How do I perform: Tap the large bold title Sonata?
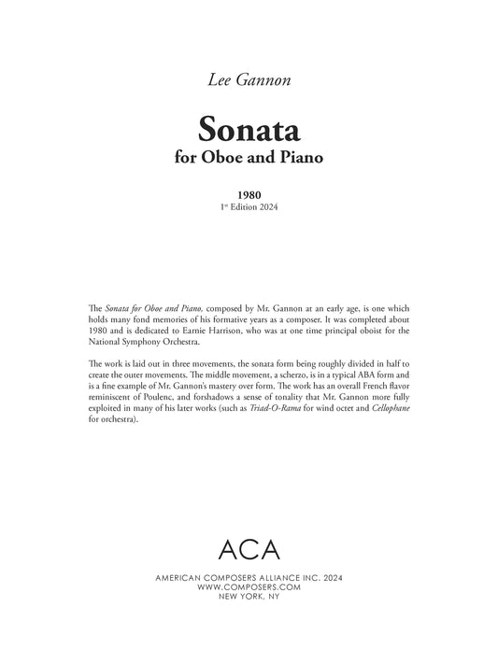tap(249, 128)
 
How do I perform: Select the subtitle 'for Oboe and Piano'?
tap(249, 157)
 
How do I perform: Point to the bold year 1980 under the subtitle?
tap(249, 196)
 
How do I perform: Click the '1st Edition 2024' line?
tap(249, 208)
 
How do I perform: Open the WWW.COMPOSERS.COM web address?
tap(249, 587)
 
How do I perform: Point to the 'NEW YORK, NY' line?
tap(249, 597)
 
